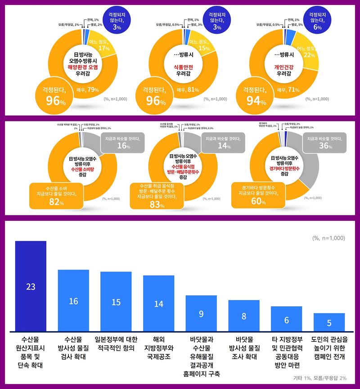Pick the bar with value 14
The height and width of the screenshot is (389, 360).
point(158,303)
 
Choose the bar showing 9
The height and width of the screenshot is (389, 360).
point(201,313)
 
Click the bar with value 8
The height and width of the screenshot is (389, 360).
point(244,315)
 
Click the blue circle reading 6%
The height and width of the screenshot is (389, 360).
point(317,21)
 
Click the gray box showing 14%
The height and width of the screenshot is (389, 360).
point(220,143)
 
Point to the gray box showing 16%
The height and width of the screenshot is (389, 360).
point(119,143)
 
